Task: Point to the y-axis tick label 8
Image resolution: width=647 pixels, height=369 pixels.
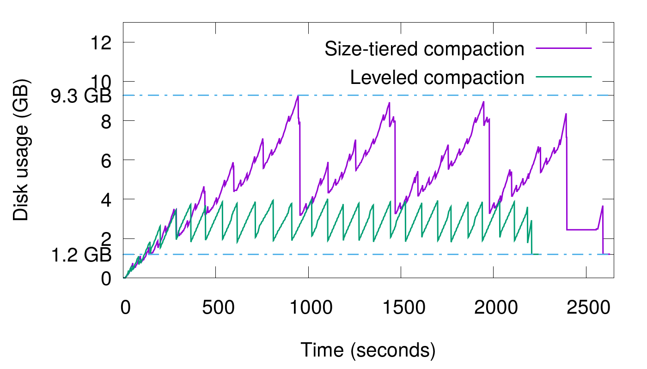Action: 104,121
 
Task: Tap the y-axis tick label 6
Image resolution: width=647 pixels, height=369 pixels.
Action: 104,160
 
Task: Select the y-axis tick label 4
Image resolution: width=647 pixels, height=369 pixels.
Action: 104,199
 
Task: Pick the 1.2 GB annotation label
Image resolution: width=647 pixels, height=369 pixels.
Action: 81,254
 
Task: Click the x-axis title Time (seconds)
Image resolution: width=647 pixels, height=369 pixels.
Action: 368,350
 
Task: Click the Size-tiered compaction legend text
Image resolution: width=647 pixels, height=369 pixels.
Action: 425,49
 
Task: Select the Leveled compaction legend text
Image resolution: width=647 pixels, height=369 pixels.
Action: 437,77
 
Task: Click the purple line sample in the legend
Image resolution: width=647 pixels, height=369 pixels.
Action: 564,48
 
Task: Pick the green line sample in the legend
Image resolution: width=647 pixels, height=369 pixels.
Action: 564,76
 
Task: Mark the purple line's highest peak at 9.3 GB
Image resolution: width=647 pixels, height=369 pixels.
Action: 298,96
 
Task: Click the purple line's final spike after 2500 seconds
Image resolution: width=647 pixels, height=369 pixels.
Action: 603,206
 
